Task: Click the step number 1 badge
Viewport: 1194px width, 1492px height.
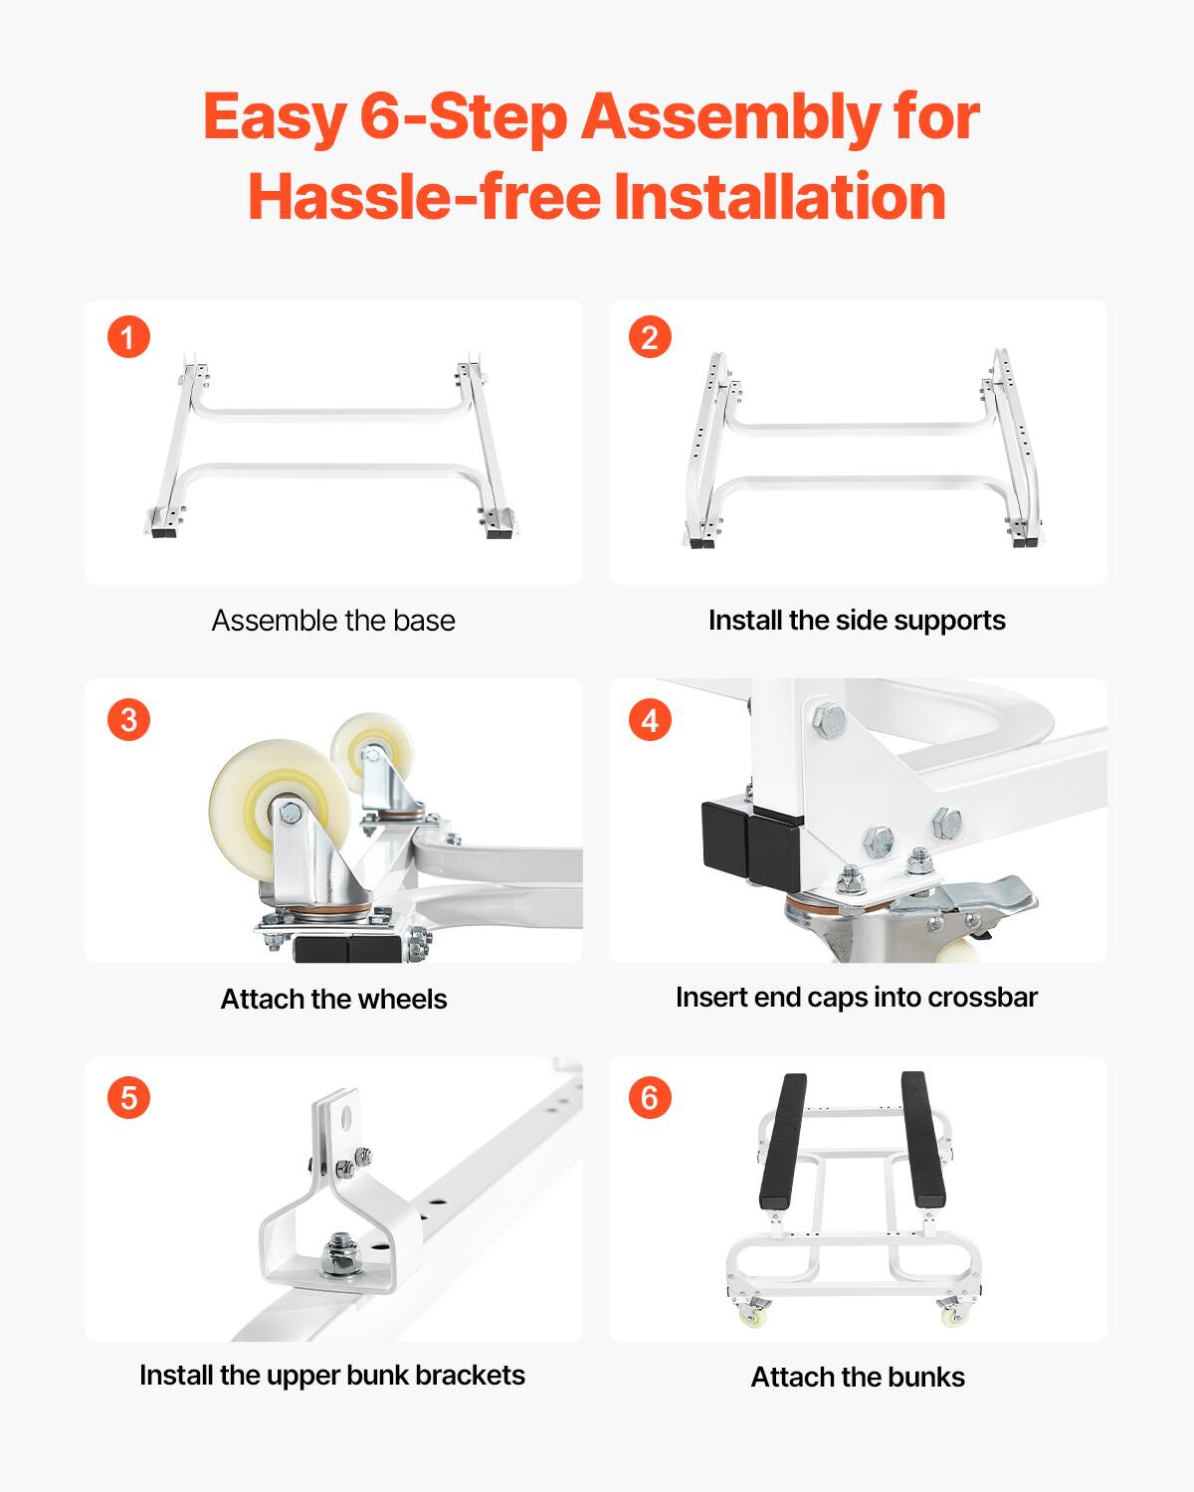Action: [x=128, y=337]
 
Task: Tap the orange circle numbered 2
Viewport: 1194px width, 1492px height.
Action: [x=650, y=337]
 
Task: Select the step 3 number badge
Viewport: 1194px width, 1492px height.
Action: [x=128, y=719]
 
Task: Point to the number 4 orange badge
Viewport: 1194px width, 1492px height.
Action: [x=650, y=719]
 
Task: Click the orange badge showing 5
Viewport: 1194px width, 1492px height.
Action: [x=128, y=1097]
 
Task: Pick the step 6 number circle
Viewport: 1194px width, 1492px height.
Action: [x=650, y=1097]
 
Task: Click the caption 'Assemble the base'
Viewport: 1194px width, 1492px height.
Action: [x=333, y=621]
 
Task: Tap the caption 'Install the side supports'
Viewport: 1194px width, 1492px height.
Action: [x=857, y=621]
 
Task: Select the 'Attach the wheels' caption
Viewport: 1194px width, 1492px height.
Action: [x=333, y=999]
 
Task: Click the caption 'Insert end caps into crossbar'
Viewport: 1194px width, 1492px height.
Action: [x=857, y=998]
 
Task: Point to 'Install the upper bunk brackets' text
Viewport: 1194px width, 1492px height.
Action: [x=332, y=1376]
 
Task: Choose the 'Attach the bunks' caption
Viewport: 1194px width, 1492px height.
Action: [x=858, y=1378]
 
